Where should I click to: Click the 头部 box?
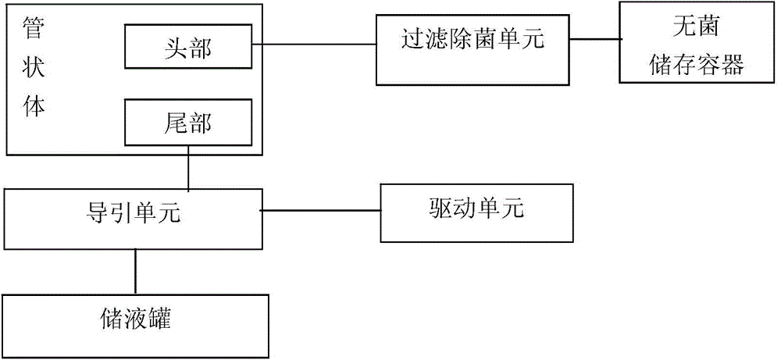(188, 48)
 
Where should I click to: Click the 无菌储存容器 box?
(697, 42)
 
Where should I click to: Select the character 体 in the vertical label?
(34, 105)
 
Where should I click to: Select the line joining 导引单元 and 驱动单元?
(320, 209)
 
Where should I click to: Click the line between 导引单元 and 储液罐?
(135, 273)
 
